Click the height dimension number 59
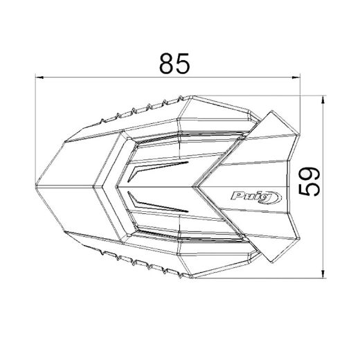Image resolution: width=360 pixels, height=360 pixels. click(x=311, y=182)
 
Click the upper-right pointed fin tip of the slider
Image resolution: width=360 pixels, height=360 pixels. click(x=271, y=112)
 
